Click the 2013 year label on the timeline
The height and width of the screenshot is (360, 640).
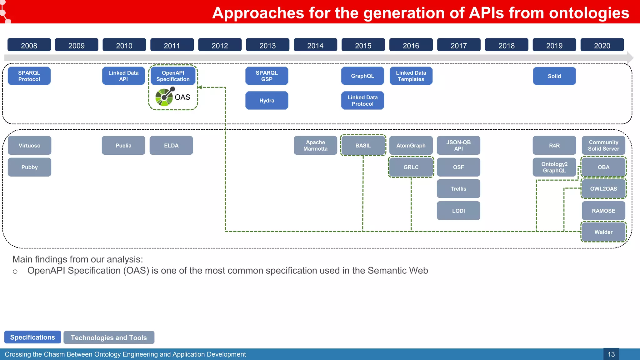pyautogui.click(x=267, y=45)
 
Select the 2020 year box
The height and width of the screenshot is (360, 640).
pyautogui.click(x=602, y=45)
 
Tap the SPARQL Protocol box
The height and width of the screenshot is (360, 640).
pyautogui.click(x=29, y=76)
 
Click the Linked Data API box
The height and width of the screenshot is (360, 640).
pyautogui.click(x=123, y=76)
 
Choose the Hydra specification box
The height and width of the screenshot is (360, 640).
pyautogui.click(x=267, y=101)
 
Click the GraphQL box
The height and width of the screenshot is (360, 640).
pyautogui.click(x=362, y=76)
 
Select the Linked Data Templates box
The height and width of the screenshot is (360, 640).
pyautogui.click(x=411, y=76)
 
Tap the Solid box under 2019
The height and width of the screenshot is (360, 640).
pyautogui.click(x=554, y=76)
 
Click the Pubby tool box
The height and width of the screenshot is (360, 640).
pyautogui.click(x=29, y=167)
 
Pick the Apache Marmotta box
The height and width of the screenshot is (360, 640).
pyautogui.click(x=315, y=146)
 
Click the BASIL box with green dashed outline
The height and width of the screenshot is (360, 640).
pyautogui.click(x=363, y=146)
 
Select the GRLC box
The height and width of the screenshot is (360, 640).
pyautogui.click(x=411, y=167)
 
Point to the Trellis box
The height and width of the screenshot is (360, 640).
pyautogui.click(x=458, y=189)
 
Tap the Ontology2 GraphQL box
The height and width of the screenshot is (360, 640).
pyautogui.click(x=554, y=167)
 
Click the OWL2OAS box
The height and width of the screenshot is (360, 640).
pyautogui.click(x=603, y=189)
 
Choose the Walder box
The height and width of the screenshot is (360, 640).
pyautogui.click(x=603, y=232)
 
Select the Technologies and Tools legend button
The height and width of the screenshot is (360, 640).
pyautogui.click(x=109, y=337)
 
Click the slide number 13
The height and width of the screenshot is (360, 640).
pyautogui.click(x=611, y=354)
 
